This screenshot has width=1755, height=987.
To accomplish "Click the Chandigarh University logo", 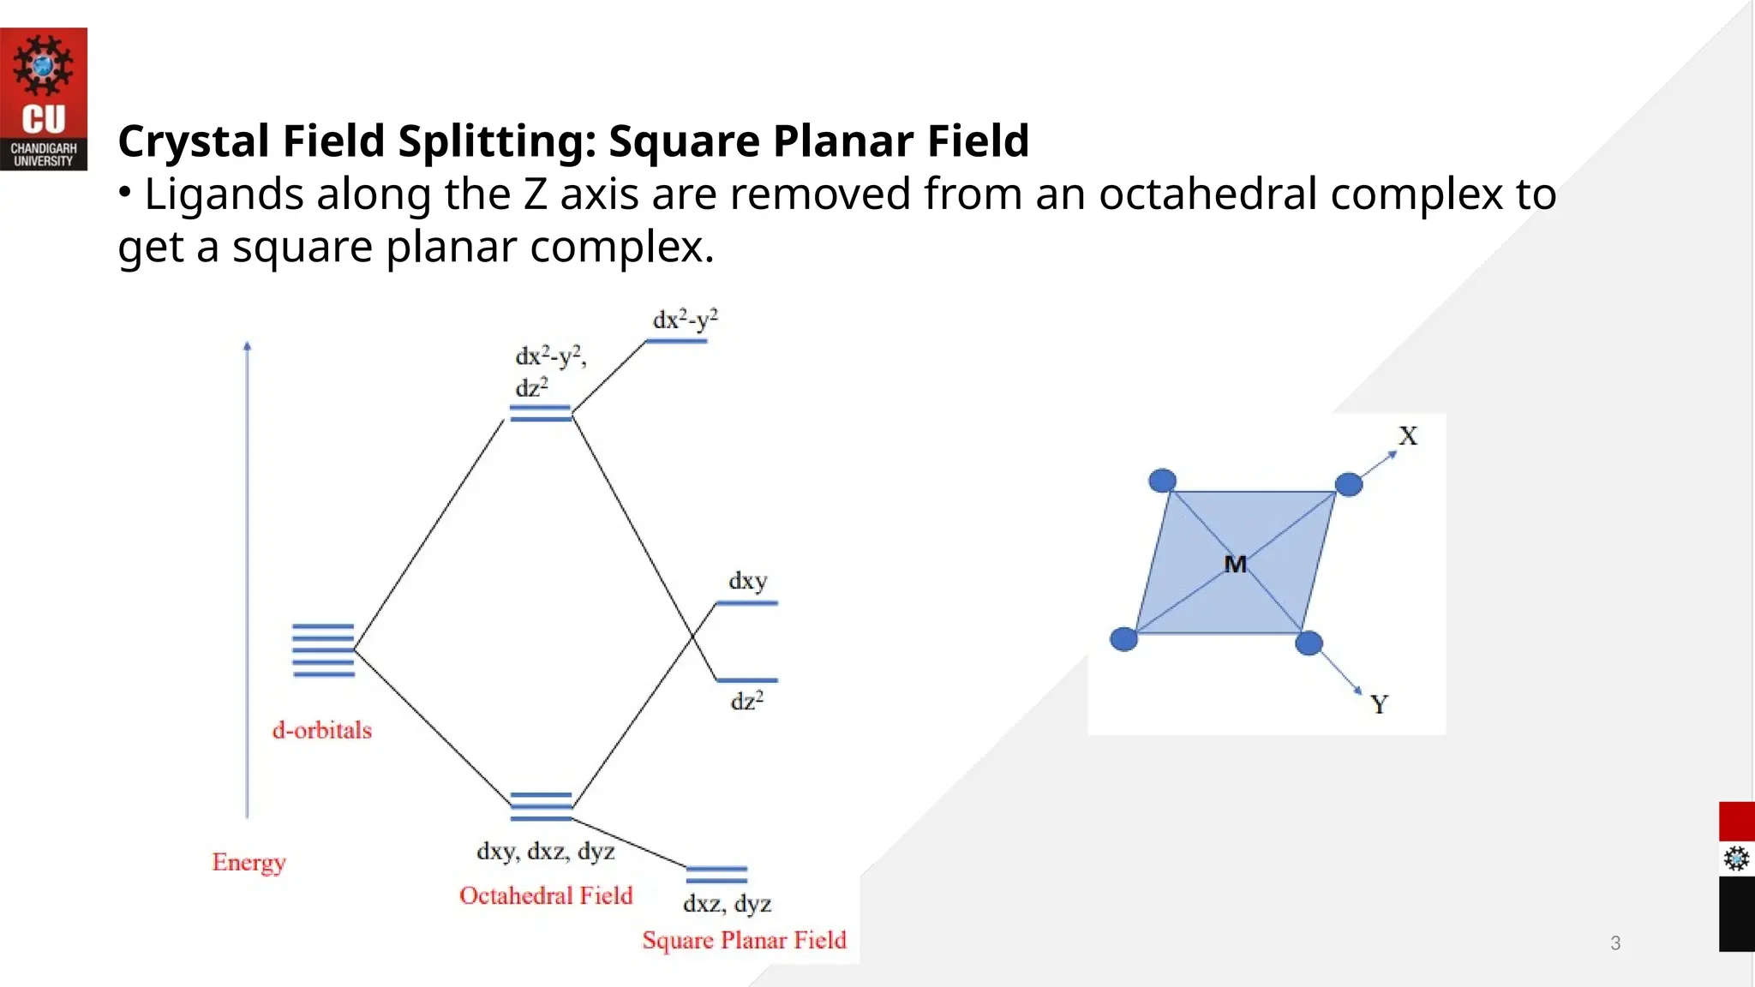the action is tap(43, 99).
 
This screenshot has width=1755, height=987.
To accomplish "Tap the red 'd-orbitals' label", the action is tap(322, 730).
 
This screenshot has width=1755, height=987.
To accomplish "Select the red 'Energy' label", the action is tap(249, 861).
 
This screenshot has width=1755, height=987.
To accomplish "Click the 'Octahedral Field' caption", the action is tap(546, 895).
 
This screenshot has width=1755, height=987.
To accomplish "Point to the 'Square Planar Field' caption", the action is tap(744, 940).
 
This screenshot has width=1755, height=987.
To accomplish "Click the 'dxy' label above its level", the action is tap(747, 581).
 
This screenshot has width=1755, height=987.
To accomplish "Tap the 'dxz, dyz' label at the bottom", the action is tap(727, 903).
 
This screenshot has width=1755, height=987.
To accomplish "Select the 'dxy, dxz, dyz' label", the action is tap(546, 851).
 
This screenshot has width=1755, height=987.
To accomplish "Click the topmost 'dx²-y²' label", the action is tap(685, 320).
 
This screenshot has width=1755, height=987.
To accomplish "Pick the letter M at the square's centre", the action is tap(1235, 564).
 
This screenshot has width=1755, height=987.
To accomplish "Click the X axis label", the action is tap(1408, 436).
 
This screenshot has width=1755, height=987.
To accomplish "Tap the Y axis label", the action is tap(1379, 704).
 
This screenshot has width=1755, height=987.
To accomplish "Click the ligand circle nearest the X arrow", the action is tap(1349, 484).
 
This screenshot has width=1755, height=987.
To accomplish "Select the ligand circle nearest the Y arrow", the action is tap(1309, 643).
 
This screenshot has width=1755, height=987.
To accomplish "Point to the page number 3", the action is tap(1615, 943).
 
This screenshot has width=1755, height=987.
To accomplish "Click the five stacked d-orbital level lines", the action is tap(323, 650).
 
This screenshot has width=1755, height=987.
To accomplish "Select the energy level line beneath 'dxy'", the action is tap(746, 603).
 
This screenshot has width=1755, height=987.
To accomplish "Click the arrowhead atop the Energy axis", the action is tap(248, 346).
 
